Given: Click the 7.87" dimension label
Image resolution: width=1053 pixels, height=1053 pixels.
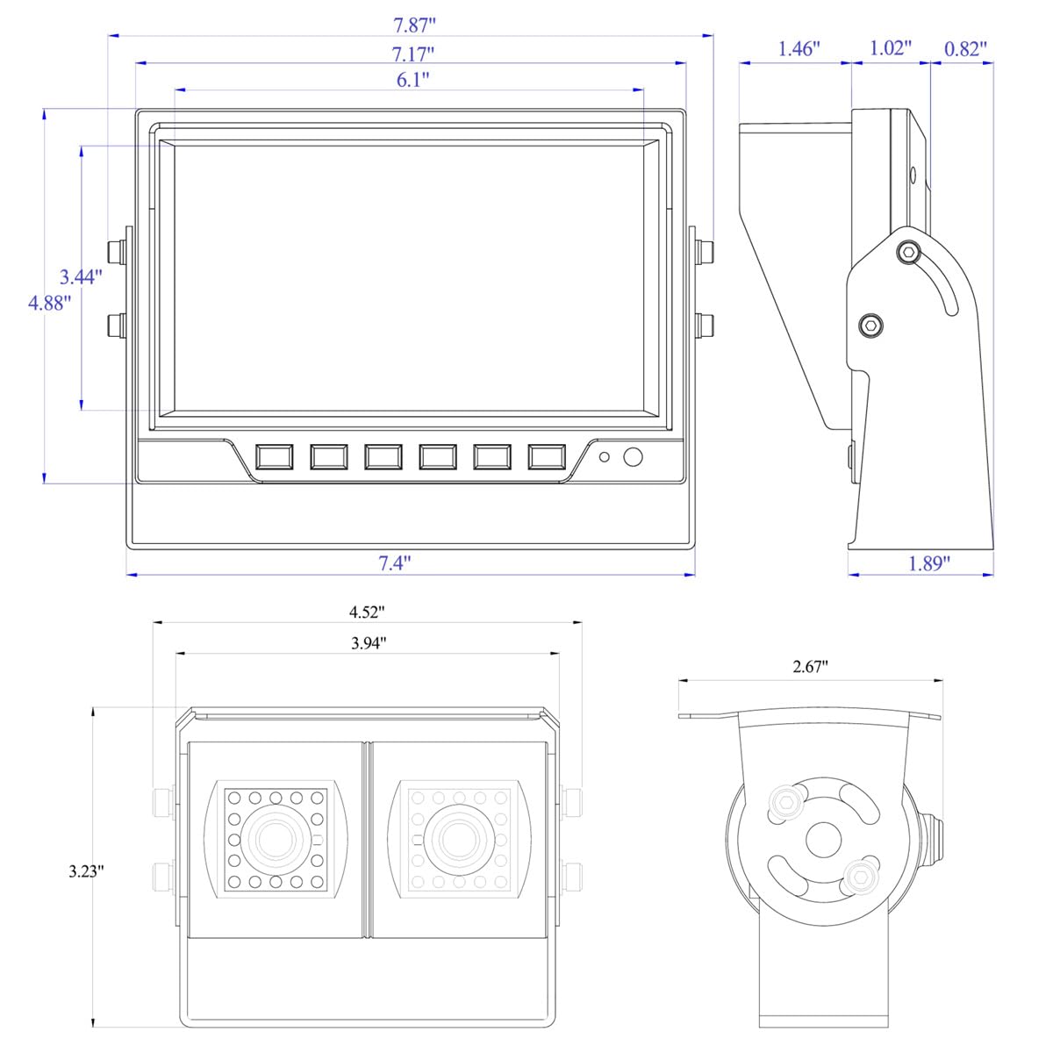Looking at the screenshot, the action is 414,25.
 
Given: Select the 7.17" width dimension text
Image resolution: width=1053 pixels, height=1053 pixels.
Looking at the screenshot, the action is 413,54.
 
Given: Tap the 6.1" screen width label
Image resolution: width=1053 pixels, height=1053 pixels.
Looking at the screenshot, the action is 413,80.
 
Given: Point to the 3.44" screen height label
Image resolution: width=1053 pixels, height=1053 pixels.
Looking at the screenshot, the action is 81,277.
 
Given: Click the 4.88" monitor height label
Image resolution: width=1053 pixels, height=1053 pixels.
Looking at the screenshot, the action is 50,303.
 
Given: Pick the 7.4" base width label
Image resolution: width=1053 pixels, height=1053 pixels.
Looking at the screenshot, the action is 395,562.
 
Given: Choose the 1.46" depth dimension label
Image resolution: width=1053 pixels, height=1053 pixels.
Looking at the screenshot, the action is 799,48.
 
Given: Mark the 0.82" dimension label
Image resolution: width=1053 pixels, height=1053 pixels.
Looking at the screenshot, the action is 965,48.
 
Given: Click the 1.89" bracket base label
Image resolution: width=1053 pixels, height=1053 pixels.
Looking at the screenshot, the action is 929,562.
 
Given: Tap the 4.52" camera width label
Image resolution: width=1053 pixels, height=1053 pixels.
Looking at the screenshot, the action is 367,612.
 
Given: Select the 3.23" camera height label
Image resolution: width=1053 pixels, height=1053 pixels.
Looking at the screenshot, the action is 86,871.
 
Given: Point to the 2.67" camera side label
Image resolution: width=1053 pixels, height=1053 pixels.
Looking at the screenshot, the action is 811,666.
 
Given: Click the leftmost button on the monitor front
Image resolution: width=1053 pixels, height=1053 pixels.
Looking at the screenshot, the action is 275,457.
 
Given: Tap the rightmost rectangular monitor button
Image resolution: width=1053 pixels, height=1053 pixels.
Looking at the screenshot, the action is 547,457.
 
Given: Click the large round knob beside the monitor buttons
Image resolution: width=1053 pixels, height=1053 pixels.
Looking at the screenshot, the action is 633,457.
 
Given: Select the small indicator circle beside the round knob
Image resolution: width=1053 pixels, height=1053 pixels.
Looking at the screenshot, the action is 604,457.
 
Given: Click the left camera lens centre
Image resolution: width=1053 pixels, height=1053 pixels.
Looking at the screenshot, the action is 275,840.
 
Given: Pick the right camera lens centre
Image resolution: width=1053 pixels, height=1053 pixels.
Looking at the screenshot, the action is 458,840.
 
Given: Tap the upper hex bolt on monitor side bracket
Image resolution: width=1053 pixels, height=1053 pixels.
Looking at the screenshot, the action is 909,252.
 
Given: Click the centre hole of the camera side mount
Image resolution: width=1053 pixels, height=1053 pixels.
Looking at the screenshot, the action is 823,840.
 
